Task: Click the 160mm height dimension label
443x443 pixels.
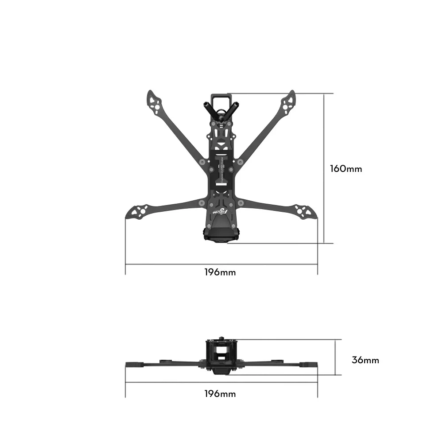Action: pos(346,169)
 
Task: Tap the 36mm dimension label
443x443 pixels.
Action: pos(365,360)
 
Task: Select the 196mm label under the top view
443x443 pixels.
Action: pos(220,272)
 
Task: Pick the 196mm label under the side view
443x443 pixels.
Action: pos(220,393)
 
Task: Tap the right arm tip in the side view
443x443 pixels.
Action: pos(310,364)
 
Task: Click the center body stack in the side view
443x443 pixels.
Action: pos(221,357)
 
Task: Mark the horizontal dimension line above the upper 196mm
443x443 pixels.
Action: pos(221,264)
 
